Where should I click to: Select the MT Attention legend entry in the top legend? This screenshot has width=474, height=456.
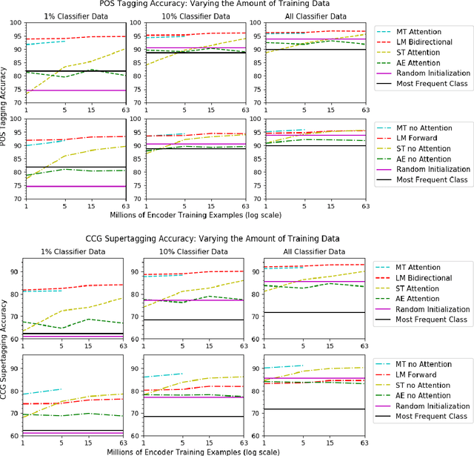tap(429, 31)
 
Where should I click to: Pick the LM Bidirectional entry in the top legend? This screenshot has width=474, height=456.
tap(432, 43)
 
